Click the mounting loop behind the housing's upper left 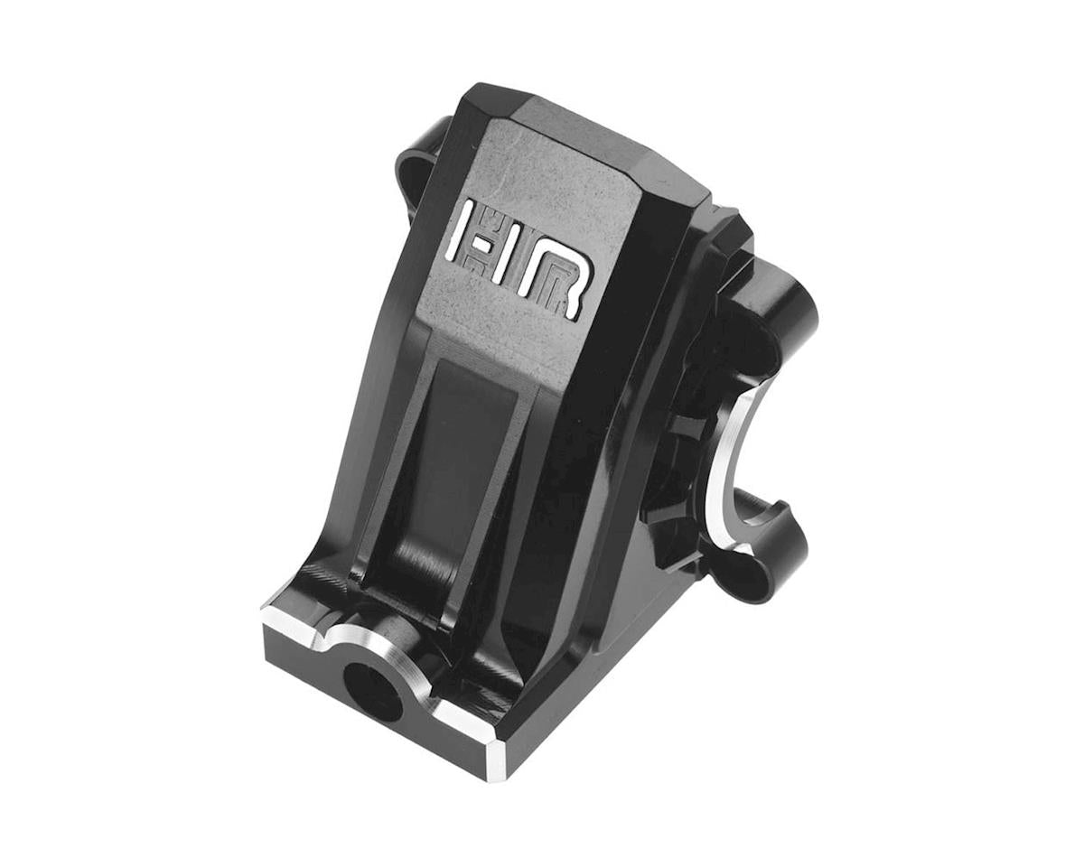point(420,172)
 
